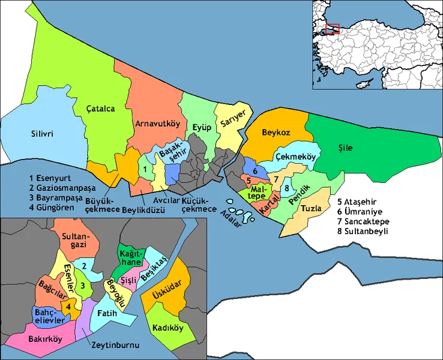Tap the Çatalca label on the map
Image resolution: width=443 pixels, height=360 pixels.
pyautogui.click(x=100, y=109)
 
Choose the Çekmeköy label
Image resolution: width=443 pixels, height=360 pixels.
pyautogui.click(x=295, y=157)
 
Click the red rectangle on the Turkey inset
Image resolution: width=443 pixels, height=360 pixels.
pyautogui.click(x=332, y=29)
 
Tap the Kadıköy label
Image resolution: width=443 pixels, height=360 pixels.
pyautogui.click(x=168, y=328)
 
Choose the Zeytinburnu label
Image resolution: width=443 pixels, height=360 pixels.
pyautogui.click(x=116, y=346)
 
